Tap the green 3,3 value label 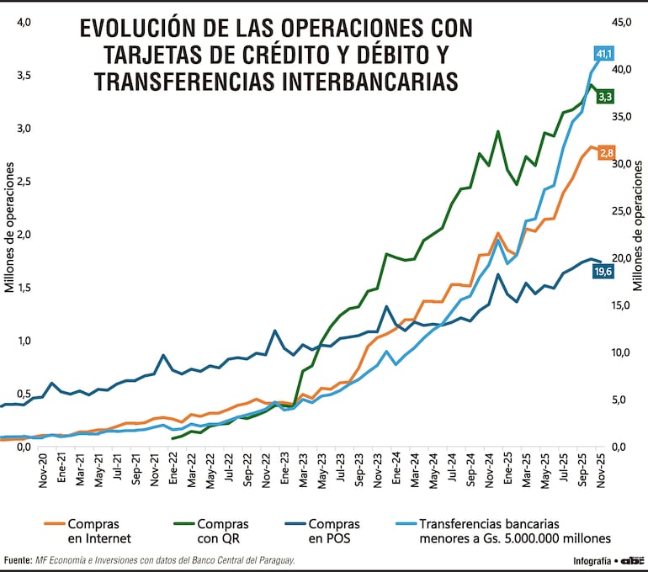604,97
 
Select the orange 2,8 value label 606,152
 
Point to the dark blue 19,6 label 603,271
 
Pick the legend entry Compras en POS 334,531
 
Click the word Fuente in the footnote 16,560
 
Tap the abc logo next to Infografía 630,560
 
